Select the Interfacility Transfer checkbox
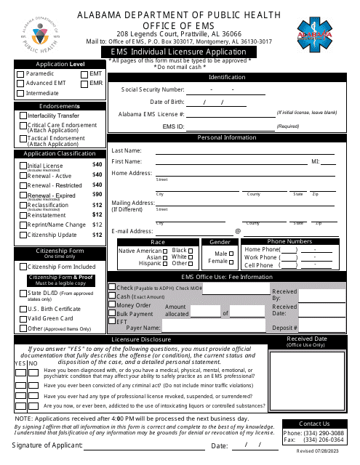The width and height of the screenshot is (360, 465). [x=23, y=116]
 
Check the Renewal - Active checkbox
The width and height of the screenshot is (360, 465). [x=23, y=176]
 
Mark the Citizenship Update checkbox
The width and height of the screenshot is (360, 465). [x=23, y=235]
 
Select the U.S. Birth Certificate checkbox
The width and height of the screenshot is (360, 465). [x=22, y=308]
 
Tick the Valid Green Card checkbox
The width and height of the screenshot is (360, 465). [x=22, y=318]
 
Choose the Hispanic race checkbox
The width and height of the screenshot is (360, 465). [x=165, y=263]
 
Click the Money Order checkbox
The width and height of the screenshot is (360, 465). [x=112, y=305]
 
